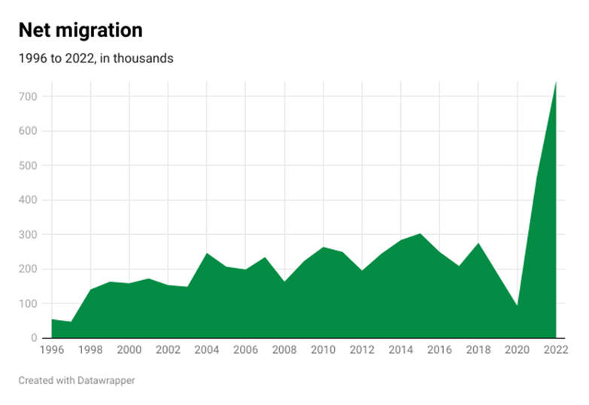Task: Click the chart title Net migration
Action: [x=80, y=30]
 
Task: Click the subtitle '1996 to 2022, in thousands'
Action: [x=96, y=59]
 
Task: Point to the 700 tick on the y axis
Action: [x=29, y=96]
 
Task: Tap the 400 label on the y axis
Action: [x=29, y=200]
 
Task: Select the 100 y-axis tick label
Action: [x=29, y=303]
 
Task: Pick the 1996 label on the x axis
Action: [x=51, y=351]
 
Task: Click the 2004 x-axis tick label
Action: [x=206, y=351]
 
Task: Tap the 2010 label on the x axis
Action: [x=323, y=351]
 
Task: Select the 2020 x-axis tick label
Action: [x=517, y=351]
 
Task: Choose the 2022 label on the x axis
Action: [x=555, y=351]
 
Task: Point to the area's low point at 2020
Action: [x=517, y=305]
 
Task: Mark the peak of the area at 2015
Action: [x=420, y=234]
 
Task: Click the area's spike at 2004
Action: [x=206, y=254]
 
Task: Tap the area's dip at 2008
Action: [x=284, y=282]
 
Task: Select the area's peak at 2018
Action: [x=478, y=243]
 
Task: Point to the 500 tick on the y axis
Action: [x=29, y=166]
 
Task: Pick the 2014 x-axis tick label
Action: [x=400, y=351]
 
